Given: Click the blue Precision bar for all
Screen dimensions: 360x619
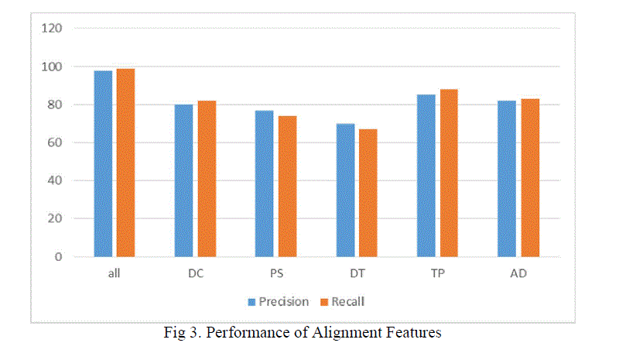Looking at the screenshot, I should [x=103, y=163].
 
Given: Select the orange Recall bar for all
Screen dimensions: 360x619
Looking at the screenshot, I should [x=125, y=162].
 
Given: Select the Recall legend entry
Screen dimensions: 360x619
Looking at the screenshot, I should [x=344, y=301].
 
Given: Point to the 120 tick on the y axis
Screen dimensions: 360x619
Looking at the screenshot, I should [x=51, y=29].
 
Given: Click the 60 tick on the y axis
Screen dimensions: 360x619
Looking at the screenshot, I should [x=54, y=142].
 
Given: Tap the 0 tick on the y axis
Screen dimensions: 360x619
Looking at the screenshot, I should [x=57, y=256].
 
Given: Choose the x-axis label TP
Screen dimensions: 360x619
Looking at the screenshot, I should [x=437, y=273].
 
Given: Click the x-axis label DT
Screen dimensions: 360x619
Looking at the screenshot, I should [x=357, y=273].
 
